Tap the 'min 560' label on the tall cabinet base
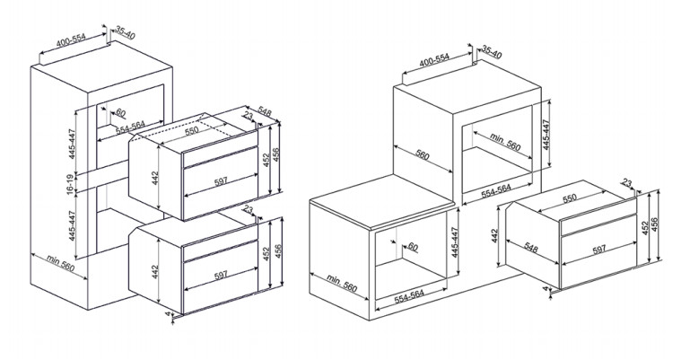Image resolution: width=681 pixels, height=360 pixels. (x=61, y=262)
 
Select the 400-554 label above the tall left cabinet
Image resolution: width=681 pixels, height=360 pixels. (x=71, y=40)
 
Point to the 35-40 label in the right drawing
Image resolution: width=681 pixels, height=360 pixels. (x=492, y=52)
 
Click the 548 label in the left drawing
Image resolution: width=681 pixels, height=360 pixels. (x=265, y=111)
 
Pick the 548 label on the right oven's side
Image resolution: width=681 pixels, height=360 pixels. (x=531, y=248)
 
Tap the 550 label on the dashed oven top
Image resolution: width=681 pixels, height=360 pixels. (x=191, y=130)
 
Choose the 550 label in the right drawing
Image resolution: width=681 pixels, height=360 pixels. (x=570, y=198)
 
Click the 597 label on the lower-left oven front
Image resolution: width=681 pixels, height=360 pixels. (x=221, y=276)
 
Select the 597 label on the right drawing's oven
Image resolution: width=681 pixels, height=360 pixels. (x=599, y=250)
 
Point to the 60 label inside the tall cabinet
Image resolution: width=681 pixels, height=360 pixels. (x=121, y=113)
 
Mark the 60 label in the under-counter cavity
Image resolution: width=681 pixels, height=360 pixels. (x=413, y=247)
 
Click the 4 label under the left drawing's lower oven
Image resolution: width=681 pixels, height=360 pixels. (x=168, y=313)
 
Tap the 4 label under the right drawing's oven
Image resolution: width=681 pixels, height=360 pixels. (x=546, y=288)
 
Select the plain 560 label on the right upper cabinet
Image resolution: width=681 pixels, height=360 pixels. (x=423, y=155)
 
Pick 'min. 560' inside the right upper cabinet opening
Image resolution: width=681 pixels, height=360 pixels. (x=505, y=141)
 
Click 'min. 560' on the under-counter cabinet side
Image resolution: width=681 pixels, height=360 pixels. (x=342, y=283)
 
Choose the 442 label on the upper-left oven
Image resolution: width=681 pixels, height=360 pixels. (x=156, y=179)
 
